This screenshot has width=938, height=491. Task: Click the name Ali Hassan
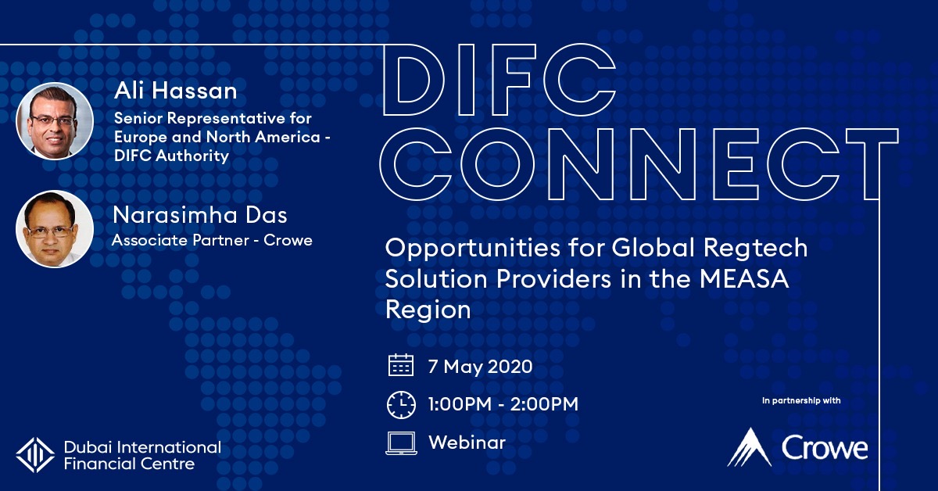point(175,91)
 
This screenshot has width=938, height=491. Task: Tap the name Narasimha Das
point(200,215)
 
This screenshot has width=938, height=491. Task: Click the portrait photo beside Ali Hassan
point(55,121)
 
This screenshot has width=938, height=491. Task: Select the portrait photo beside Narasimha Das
point(55,229)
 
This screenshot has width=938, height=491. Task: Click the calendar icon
point(401,365)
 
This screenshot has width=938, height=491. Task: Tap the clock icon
point(401,405)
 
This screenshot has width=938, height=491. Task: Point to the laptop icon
point(401,443)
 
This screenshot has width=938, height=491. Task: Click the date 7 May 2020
point(480,367)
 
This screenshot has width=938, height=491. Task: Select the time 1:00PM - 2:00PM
point(503,404)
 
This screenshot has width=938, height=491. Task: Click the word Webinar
point(467,443)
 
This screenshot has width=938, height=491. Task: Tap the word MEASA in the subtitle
point(744,279)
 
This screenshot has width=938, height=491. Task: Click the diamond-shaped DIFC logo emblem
point(35,455)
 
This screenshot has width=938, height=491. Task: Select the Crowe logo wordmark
point(824,448)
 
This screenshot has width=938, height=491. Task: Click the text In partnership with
point(801,400)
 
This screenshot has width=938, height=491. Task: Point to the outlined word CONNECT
point(639,163)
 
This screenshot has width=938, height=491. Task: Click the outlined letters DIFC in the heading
point(499,80)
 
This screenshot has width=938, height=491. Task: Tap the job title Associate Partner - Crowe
point(212,240)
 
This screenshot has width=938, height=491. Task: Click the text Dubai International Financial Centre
point(142,455)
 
